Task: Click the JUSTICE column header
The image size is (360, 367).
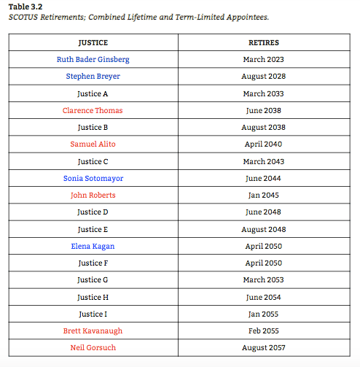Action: (93, 43)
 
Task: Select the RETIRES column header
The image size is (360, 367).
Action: (264, 43)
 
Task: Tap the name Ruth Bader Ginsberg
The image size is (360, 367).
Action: (93, 60)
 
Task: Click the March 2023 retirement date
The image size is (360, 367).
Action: (264, 60)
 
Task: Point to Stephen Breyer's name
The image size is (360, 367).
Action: (93, 77)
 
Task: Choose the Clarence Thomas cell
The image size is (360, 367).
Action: (93, 111)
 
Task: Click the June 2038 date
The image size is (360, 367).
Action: (264, 111)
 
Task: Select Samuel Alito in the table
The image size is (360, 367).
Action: (93, 144)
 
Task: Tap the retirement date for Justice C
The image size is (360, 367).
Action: (264, 161)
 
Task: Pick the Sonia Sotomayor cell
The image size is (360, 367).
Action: (93, 178)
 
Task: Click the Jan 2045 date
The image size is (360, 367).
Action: (264, 196)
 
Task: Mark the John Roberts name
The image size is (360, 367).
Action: (93, 196)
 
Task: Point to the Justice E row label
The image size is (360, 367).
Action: (93, 229)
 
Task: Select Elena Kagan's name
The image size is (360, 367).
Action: (93, 247)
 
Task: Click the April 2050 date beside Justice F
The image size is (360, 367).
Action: (264, 263)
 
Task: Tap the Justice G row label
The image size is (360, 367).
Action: (93, 280)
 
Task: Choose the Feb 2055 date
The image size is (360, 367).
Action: (264, 331)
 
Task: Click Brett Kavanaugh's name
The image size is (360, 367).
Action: (93, 331)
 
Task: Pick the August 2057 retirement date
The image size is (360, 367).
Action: (264, 348)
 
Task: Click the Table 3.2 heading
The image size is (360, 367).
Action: (25, 7)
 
